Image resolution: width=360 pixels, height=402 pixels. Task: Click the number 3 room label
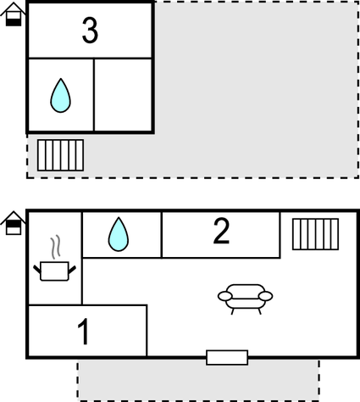[90, 31]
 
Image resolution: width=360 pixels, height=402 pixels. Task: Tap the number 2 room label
[221, 231]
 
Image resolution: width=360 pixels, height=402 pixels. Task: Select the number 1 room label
[84, 332]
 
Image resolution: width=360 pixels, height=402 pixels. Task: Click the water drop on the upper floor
[60, 96]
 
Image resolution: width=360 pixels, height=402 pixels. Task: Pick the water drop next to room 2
[119, 234]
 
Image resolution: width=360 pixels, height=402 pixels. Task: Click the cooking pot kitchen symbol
[54, 271]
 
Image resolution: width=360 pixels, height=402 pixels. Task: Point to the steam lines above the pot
[55, 247]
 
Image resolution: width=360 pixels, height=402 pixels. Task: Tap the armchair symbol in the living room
[245, 299]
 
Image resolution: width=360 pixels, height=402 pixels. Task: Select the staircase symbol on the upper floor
[60, 155]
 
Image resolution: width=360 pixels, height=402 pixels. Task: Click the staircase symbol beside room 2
[315, 234]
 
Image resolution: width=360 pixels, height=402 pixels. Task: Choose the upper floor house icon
[13, 14]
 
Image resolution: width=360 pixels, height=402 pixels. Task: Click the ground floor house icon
[13, 223]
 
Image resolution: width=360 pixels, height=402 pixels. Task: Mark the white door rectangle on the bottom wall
[227, 358]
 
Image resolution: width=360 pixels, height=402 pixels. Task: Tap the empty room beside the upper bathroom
[123, 95]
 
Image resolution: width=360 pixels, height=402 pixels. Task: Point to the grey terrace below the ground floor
[198, 380]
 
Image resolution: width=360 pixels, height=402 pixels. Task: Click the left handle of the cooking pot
[37, 270]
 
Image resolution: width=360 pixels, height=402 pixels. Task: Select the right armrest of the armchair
[265, 296]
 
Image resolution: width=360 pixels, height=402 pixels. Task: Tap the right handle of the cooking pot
[72, 270]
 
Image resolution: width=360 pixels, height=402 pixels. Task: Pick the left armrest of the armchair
[225, 296]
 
